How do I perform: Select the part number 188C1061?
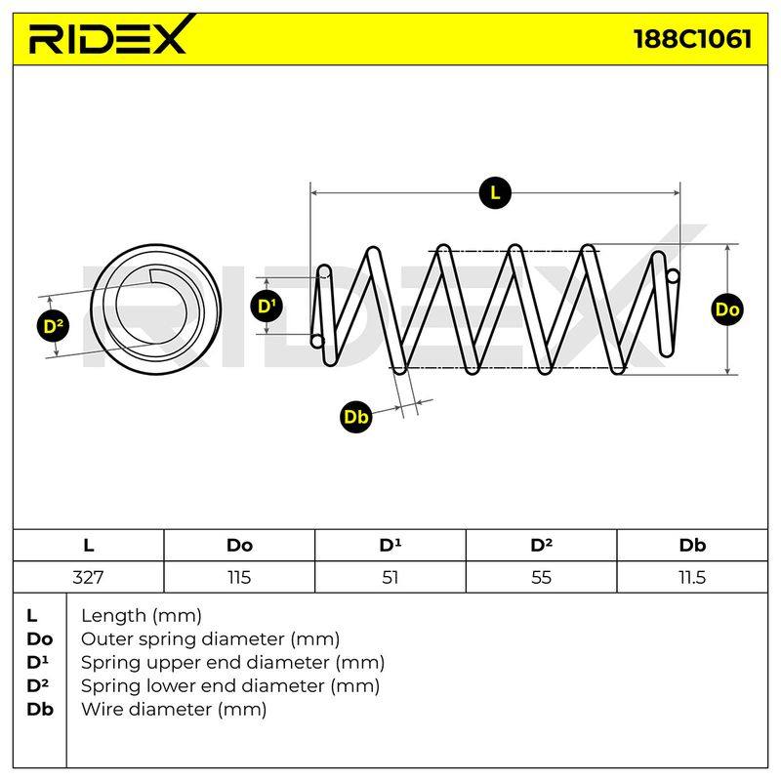(x=692, y=39)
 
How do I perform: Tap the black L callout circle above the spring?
(x=495, y=192)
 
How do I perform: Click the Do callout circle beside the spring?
(x=726, y=309)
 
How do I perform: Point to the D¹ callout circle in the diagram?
(x=267, y=306)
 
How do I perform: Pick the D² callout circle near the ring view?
(x=54, y=326)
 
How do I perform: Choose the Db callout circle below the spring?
(x=355, y=416)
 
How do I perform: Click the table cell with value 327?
(x=88, y=577)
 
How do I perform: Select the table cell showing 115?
(x=239, y=577)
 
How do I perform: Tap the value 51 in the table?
(x=390, y=577)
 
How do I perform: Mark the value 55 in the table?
(x=541, y=577)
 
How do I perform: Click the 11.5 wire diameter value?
(x=692, y=577)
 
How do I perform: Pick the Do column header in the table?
(x=239, y=546)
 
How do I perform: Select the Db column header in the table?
(x=692, y=546)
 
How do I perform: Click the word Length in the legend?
(x=113, y=616)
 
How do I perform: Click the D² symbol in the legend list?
(x=38, y=685)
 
